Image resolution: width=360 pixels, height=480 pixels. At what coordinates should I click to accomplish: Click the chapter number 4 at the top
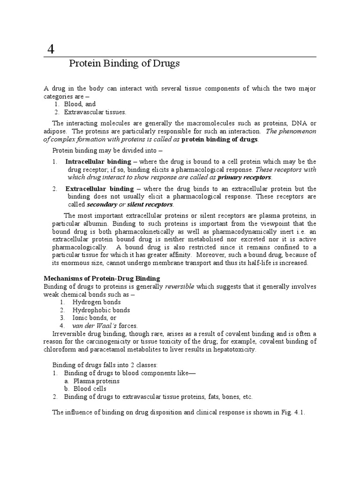[x=51, y=48]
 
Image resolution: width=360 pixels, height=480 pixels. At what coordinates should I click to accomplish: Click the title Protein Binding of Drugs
[x=124, y=64]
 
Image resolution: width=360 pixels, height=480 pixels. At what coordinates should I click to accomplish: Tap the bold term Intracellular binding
[x=94, y=162]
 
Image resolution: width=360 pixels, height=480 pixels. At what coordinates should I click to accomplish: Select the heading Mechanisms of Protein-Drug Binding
[x=102, y=278]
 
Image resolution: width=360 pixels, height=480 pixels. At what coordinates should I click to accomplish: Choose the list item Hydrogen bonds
[x=97, y=302]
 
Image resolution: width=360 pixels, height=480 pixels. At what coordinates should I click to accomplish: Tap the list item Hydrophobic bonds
[x=101, y=310]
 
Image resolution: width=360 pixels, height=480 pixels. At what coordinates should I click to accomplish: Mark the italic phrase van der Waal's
[x=91, y=326]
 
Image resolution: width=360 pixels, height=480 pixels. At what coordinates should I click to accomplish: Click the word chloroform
[x=60, y=350]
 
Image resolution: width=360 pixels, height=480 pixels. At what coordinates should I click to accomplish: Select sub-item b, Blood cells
[x=90, y=389]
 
